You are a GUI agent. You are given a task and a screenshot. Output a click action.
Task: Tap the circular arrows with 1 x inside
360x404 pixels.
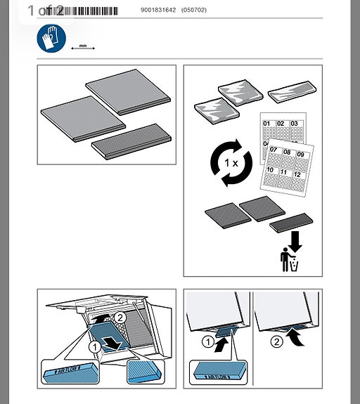click(x=231, y=163)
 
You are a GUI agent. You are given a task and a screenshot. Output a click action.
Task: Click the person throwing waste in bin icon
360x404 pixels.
click(x=289, y=260)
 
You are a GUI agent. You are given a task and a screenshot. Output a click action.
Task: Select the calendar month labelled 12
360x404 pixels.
click(x=298, y=178)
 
